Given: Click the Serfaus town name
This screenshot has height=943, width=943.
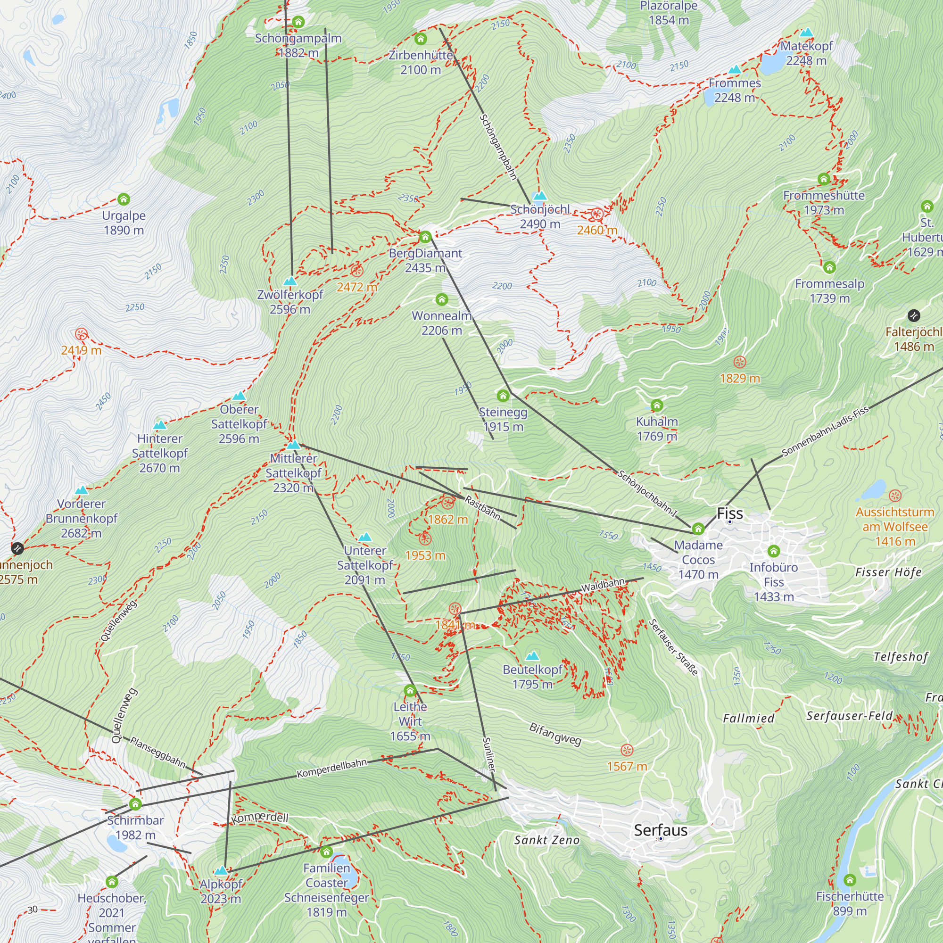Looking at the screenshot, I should (x=661, y=830).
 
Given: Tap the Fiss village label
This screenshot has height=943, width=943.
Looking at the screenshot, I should (x=730, y=513).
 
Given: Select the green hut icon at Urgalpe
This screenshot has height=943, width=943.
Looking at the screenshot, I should (x=124, y=199).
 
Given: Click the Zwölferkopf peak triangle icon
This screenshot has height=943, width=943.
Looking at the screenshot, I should (x=290, y=281).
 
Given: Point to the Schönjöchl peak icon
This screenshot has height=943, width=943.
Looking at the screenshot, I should (x=539, y=196).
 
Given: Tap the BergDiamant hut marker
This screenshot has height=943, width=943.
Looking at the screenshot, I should (x=425, y=237).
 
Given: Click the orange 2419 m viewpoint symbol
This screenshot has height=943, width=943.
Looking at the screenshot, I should (x=81, y=334).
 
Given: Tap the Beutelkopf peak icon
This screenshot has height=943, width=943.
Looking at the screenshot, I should (x=532, y=655).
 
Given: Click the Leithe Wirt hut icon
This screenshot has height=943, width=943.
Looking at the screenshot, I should (x=410, y=691).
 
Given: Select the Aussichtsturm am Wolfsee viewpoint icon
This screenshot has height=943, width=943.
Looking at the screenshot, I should (x=895, y=496).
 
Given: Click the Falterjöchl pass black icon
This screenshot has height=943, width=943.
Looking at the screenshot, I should (x=914, y=316).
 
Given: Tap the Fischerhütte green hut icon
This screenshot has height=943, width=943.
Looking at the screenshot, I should (x=850, y=880).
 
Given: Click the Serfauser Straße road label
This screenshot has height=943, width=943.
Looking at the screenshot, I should (x=673, y=647).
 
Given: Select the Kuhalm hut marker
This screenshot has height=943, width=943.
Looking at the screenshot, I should (x=657, y=405).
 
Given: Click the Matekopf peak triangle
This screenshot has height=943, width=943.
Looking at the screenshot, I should (x=806, y=33).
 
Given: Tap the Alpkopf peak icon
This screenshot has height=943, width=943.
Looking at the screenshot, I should (x=221, y=871).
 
